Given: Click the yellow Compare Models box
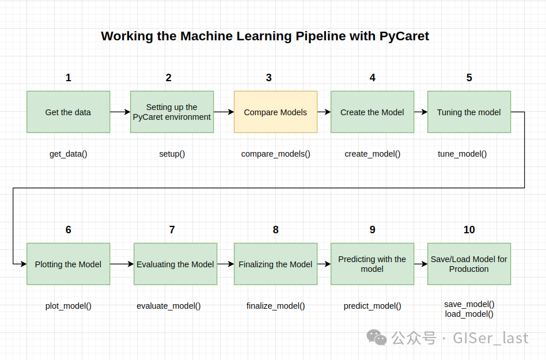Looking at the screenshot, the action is pos(275,112).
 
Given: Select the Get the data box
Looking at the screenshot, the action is pos(68,112).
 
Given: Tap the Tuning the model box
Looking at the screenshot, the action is pos(469,112).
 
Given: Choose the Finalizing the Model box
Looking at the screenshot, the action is pos(275,264).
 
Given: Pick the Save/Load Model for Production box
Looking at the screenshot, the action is pos(469,264).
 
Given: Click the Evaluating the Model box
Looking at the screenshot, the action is pos(175,264).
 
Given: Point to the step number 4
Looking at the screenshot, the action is pos(372,78).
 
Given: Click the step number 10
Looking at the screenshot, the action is pos(469,230).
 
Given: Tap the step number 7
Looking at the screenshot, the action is pos(172,230).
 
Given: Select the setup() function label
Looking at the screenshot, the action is pos(172,154).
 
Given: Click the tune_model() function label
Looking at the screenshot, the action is pos(462,154).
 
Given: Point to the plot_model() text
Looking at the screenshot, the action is pos(68,306).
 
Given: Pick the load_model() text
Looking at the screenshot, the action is pos(469,314).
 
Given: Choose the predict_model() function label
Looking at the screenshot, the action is pos(372,306).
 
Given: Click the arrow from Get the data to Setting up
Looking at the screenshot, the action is pos(120,112).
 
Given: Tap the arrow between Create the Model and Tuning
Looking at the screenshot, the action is pos(420,112).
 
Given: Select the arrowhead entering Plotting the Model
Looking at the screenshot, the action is pos(24,264).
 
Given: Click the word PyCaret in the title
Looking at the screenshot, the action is pos(404,36).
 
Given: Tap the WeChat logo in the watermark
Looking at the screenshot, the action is pos(377,338).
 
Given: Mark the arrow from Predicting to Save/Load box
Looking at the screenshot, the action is pos(420,264).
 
